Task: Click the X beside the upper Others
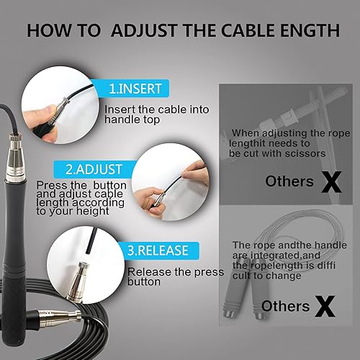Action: coord(331,181)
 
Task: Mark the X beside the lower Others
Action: coord(326,307)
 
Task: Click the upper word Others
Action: coord(289,181)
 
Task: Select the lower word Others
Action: coord(285,307)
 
